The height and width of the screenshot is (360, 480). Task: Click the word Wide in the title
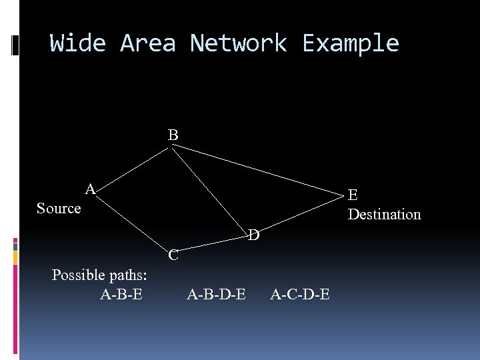point(77,43)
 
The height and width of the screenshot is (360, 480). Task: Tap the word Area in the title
point(147,43)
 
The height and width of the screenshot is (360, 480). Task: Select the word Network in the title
point(239,43)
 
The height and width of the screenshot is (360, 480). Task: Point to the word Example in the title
point(351,43)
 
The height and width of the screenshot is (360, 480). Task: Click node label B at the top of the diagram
point(173,135)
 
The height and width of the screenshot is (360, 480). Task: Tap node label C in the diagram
point(173,255)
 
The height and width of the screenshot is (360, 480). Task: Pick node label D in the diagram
point(254,235)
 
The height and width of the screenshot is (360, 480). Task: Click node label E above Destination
point(353,195)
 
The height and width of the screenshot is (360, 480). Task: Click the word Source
point(59,209)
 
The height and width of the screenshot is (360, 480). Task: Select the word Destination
point(385,215)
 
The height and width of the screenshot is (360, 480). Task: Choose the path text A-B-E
point(121,294)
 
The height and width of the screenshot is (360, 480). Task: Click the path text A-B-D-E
point(216,294)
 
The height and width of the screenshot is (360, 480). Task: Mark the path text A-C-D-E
point(299,294)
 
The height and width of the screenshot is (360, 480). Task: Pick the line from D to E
point(300,213)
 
